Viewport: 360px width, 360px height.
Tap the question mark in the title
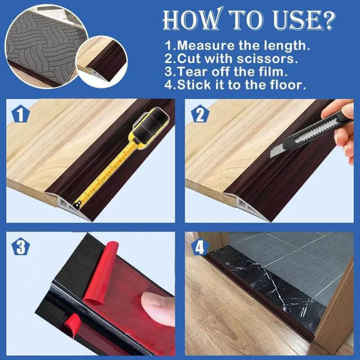326,19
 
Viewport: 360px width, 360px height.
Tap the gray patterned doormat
37,45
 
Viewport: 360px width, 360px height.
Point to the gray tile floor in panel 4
300,255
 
